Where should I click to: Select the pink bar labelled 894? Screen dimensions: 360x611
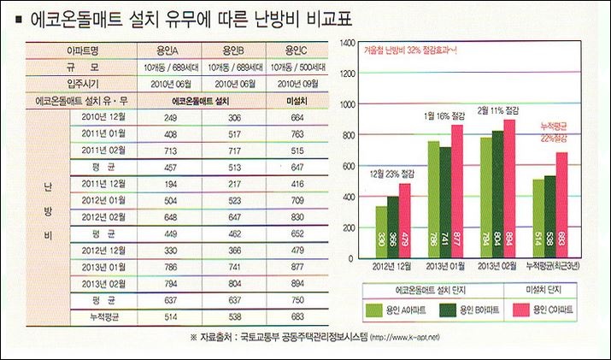509,188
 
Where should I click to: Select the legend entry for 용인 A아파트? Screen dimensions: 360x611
395,310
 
